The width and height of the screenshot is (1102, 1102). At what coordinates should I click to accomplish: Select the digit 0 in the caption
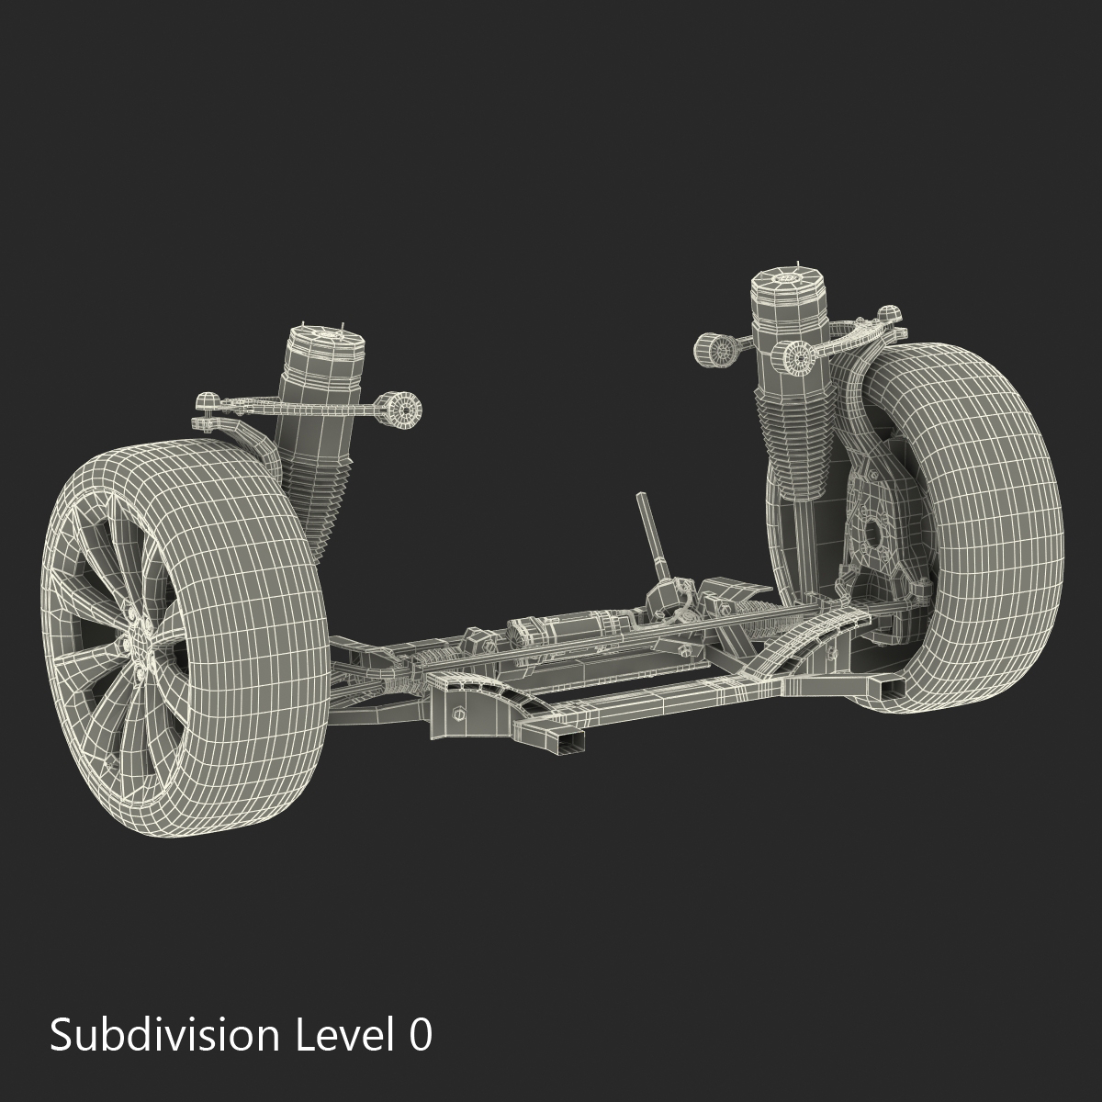(x=420, y=1036)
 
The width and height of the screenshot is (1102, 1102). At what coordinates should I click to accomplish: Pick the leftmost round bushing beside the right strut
(x=712, y=350)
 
